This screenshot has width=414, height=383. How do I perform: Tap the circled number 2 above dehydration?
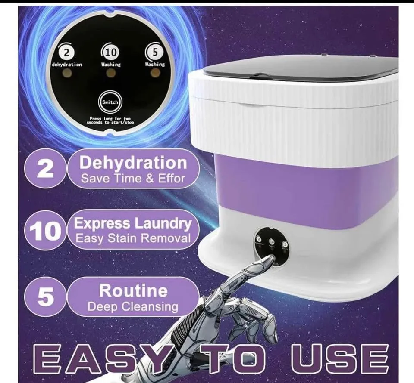tap(67, 52)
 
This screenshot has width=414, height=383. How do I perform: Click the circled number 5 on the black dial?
tap(155, 51)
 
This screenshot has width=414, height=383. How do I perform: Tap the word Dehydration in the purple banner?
tap(133, 163)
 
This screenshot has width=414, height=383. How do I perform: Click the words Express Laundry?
tap(133, 224)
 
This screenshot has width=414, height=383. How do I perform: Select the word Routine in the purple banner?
tap(133, 290)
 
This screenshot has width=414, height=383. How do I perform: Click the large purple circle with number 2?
tap(44, 169)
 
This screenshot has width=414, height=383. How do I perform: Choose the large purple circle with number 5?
tap(45, 297)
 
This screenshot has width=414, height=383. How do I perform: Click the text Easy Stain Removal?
tap(133, 238)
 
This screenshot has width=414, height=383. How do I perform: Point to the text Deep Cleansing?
tap(133, 306)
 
